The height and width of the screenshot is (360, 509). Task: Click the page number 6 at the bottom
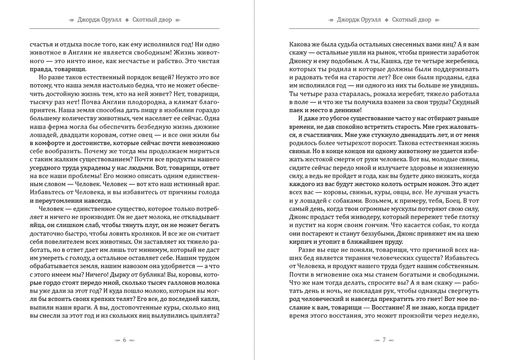124,340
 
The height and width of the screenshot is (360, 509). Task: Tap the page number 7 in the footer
384,340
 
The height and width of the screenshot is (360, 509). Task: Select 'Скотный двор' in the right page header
412,20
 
